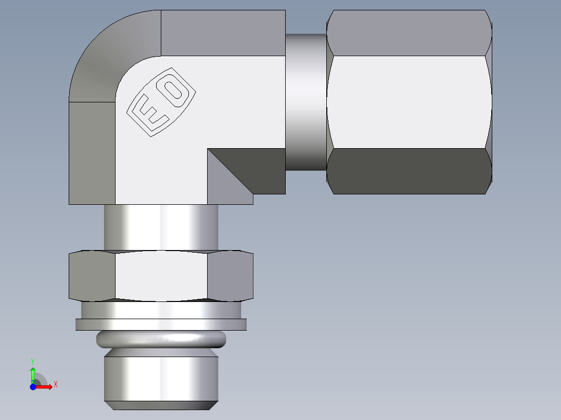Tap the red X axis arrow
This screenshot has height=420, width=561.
(x=46, y=386)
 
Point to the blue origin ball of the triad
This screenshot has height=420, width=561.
(x=33, y=387)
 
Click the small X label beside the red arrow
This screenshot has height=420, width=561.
(x=56, y=385)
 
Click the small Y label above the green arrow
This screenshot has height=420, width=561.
(x=32, y=361)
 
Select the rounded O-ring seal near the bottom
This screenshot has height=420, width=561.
(x=161, y=339)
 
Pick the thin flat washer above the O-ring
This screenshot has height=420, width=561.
(x=161, y=324)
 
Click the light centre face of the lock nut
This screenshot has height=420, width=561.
(x=161, y=277)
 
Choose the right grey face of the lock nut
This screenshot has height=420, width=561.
(x=230, y=277)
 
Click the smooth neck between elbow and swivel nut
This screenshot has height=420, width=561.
(x=306, y=102)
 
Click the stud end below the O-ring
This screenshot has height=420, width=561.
(x=161, y=379)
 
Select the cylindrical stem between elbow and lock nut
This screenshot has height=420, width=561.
(x=161, y=227)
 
